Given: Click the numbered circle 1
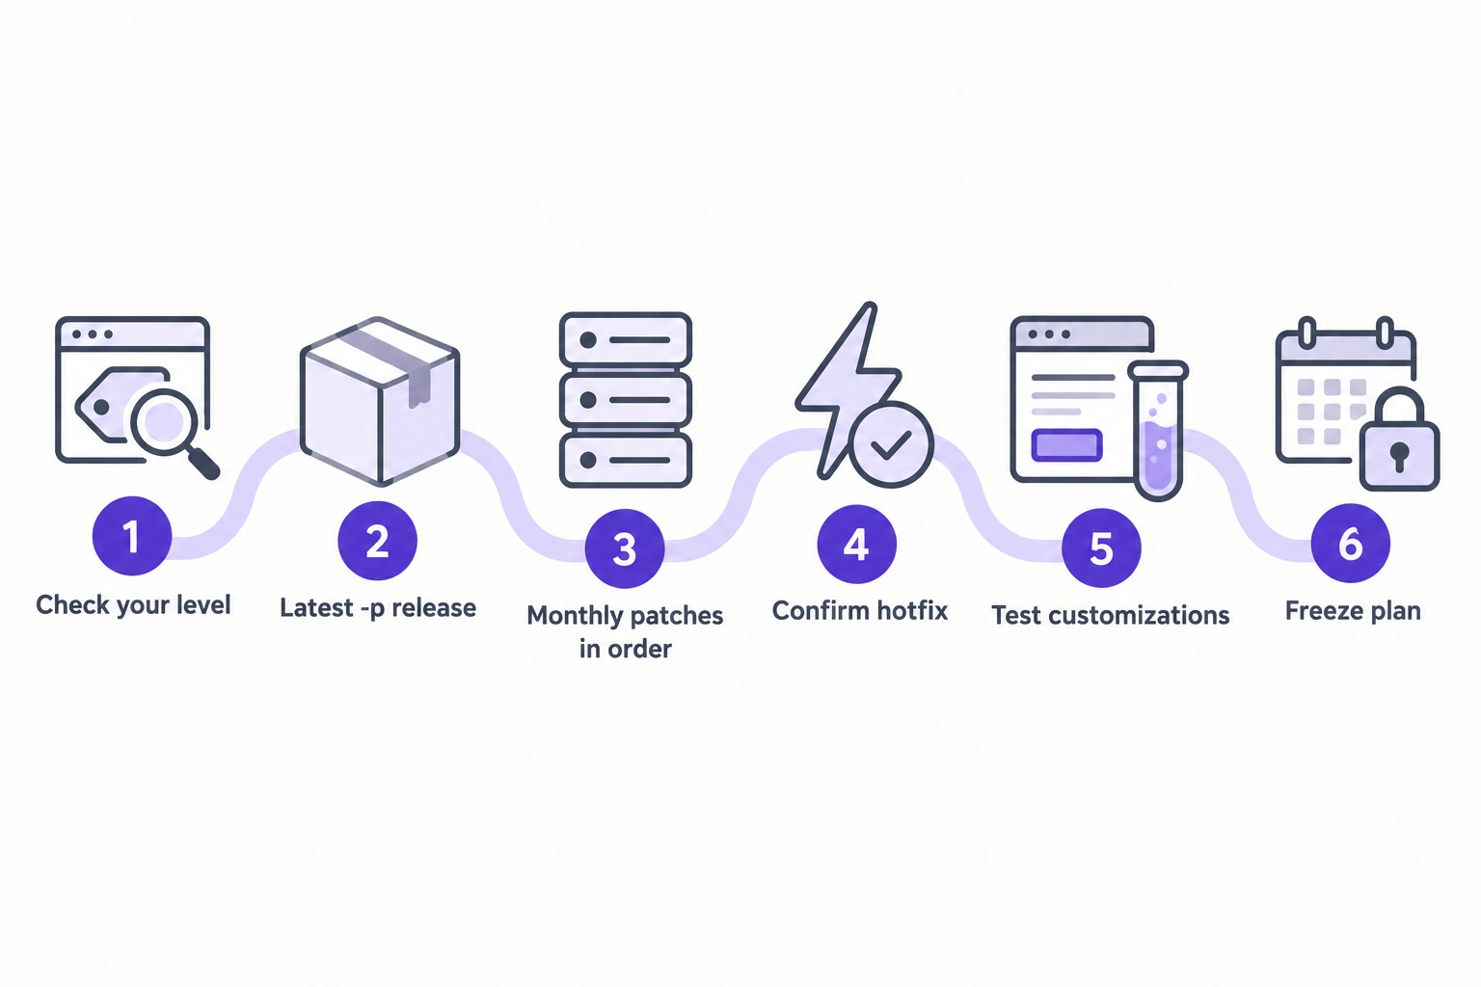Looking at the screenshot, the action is tap(132, 536).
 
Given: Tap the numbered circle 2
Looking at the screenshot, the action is tap(378, 541).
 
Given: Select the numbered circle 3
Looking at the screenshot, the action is tap(625, 548).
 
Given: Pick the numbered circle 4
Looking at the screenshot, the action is tap(857, 544).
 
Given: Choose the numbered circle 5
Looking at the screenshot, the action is tap(1101, 547).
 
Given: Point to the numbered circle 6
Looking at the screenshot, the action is tap(1351, 544).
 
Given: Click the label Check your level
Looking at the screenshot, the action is tap(133, 605).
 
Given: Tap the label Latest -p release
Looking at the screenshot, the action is tap(378, 608).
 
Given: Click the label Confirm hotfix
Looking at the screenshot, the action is tap(859, 611).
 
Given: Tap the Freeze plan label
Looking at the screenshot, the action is tap(1353, 611).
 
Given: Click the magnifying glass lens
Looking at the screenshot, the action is tap(163, 422).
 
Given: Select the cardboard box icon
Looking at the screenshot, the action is tap(380, 401).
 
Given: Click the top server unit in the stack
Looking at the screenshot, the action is tap(626, 340).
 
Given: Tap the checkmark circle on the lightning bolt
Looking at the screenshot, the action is tap(891, 445).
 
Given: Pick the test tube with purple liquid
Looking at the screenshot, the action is tap(1158, 430).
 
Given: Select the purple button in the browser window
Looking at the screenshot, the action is tap(1066, 445).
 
